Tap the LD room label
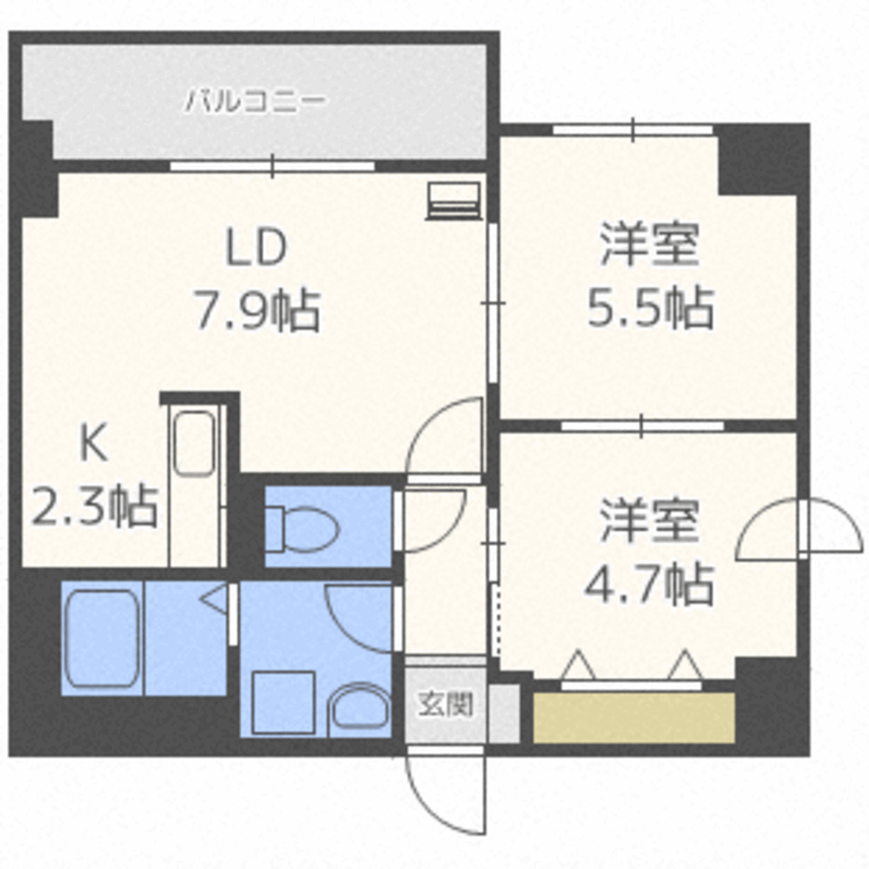point(255,250)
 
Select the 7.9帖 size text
point(255,310)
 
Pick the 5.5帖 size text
point(650,308)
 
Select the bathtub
point(102,638)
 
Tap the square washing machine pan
point(283,702)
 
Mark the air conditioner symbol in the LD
point(454,201)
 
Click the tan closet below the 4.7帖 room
point(634,718)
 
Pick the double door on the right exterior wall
point(801,530)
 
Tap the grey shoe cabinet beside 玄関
point(503,713)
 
